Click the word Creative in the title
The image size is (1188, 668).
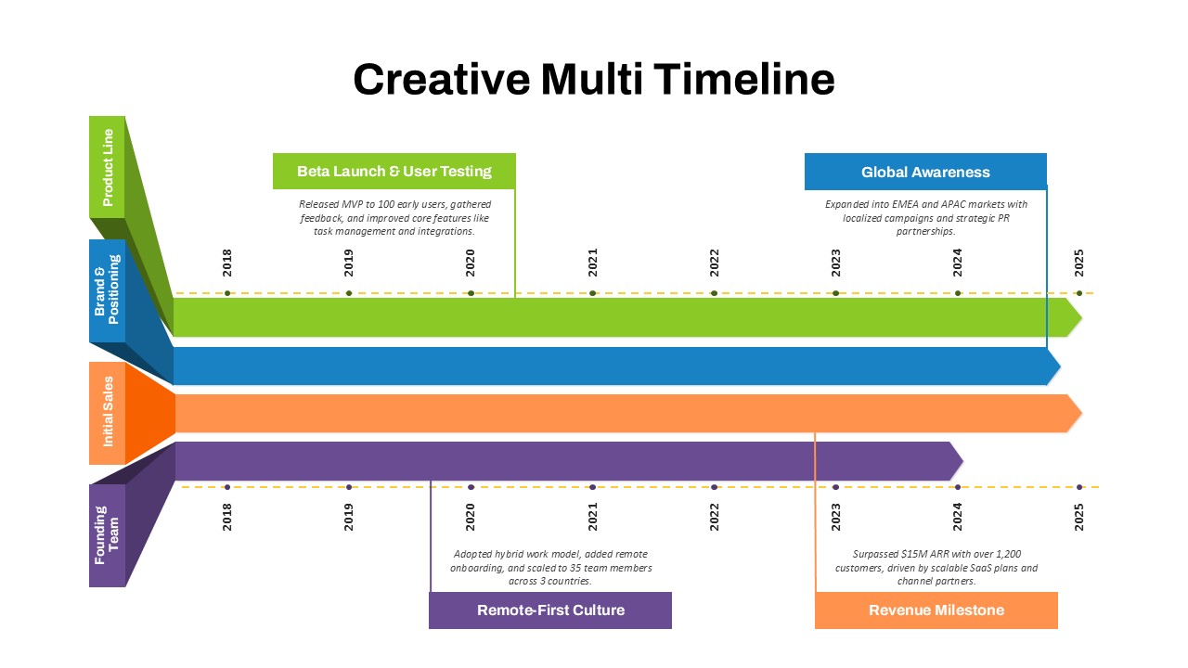click(441, 80)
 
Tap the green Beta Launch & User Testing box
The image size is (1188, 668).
click(394, 172)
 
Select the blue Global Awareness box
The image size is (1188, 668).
click(925, 172)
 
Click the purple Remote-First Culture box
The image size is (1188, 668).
click(550, 610)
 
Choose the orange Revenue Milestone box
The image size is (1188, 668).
click(936, 610)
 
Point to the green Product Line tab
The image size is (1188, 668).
click(107, 167)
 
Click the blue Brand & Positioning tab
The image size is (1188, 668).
click(107, 290)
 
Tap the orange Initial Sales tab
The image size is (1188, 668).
click(107, 413)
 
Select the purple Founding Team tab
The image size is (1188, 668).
click(107, 535)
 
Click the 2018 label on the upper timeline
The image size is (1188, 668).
click(227, 263)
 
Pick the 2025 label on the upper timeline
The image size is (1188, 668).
click(1078, 263)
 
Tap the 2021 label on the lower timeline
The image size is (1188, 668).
click(592, 517)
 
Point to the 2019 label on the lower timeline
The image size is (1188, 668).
click(348, 517)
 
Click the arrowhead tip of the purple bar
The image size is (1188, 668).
click(962, 461)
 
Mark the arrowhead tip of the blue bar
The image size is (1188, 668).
click(1060, 366)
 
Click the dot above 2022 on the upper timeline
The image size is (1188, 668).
click(714, 293)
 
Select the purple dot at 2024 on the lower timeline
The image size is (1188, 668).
click(957, 487)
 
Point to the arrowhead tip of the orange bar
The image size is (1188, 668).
click(1081, 413)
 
